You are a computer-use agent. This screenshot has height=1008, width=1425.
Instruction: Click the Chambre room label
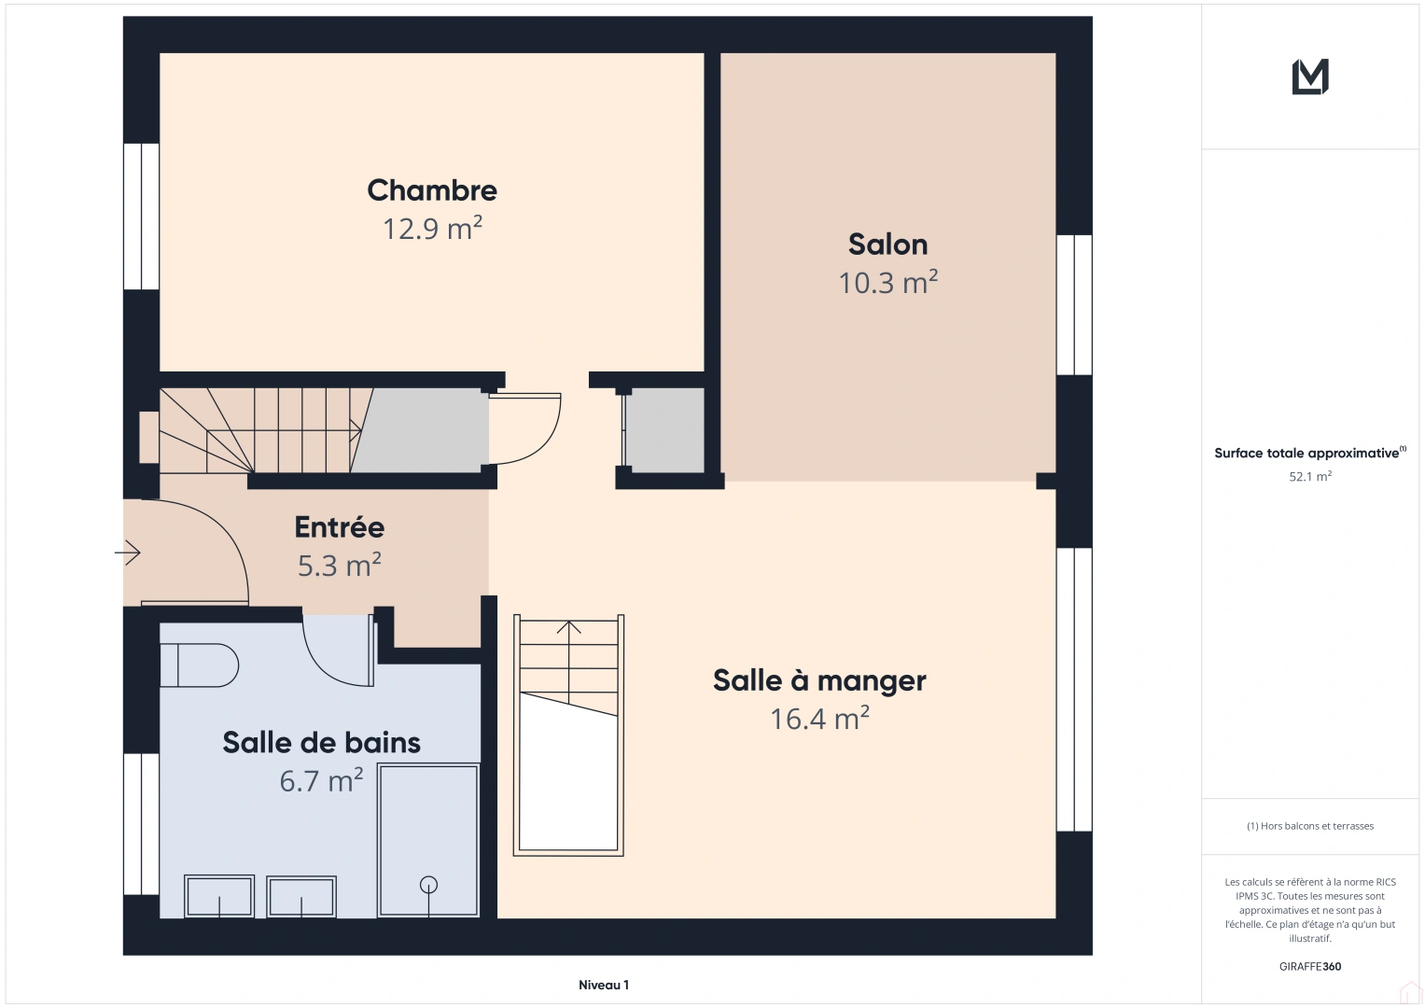(432, 190)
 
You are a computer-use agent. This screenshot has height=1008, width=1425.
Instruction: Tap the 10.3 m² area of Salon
(888, 283)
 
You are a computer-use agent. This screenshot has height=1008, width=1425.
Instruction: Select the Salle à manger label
(819, 680)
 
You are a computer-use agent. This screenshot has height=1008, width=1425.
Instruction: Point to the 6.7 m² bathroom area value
(321, 780)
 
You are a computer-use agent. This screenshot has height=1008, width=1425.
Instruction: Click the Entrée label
(340, 527)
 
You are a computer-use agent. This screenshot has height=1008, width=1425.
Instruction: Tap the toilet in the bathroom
(199, 665)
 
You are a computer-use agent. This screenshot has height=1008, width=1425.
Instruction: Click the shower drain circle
(428, 885)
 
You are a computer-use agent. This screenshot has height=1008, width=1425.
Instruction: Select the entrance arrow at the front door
(127, 553)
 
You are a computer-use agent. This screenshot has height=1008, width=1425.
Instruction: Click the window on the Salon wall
(1074, 305)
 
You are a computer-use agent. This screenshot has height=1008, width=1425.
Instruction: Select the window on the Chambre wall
(141, 217)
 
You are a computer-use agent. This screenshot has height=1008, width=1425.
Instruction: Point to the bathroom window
(141, 824)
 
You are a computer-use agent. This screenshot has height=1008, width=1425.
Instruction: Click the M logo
(1310, 77)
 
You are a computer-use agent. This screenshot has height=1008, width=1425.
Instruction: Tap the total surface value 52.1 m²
(1310, 476)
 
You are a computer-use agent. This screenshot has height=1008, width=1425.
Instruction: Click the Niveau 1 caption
(604, 985)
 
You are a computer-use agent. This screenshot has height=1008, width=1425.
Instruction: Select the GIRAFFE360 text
(1310, 966)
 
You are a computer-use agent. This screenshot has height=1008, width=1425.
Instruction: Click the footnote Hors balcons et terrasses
(1310, 826)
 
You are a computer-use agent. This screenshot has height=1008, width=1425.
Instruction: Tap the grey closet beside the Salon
(665, 430)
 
